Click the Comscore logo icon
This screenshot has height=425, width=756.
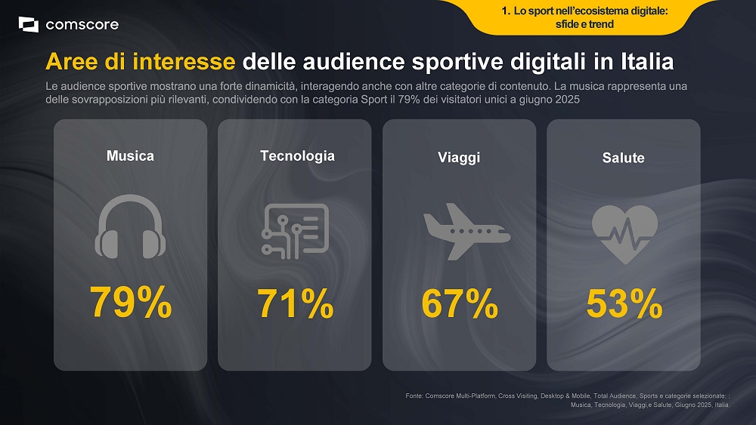[28, 25]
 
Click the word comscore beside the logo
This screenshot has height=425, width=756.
[82, 25]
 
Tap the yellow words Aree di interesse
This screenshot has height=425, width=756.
[141, 60]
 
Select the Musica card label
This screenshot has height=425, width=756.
[130, 156]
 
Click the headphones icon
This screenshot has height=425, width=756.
[130, 226]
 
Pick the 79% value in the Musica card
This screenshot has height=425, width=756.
[130, 303]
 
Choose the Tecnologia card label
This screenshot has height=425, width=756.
[297, 156]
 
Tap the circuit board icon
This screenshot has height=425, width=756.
[295, 231]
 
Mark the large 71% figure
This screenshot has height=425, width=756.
[296, 303]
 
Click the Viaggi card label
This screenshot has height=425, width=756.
[459, 158]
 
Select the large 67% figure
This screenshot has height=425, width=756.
[460, 303]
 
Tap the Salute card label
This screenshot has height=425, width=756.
[624, 158]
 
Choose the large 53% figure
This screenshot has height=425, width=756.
[624, 303]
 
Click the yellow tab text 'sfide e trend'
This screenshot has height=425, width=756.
[584, 24]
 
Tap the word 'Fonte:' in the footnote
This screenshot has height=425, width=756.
[414, 396]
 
